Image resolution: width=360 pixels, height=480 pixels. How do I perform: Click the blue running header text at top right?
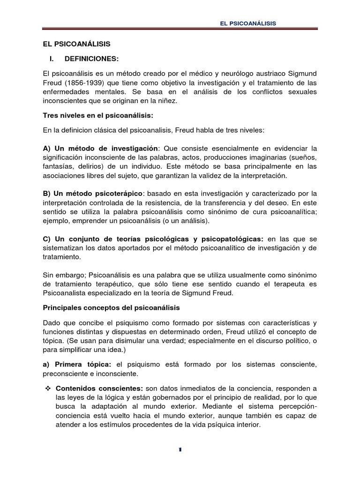click(248, 23)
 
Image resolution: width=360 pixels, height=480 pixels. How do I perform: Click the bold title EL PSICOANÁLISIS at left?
click(76, 44)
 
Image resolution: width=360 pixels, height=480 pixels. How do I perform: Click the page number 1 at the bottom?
click(180, 450)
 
